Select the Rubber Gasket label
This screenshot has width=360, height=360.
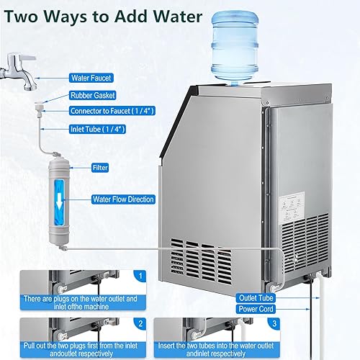click(x=93, y=94)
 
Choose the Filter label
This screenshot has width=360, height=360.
click(x=100, y=167)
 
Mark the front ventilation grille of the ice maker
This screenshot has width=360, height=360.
click(x=205, y=256)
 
